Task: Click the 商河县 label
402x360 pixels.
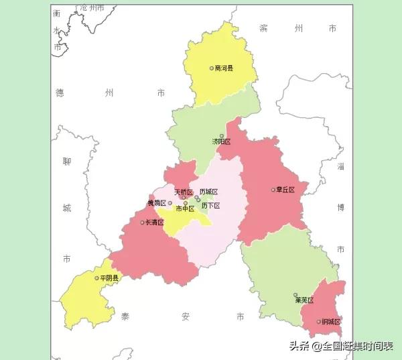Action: pos(224,68)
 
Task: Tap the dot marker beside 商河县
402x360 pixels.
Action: pos(212,68)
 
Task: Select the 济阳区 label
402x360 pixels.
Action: pos(221,142)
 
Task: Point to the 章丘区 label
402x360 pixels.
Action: pos(285,190)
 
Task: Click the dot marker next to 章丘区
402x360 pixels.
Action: pos(273,190)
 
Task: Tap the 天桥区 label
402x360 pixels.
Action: pos(184,192)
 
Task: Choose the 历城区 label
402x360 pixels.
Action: pos(209,192)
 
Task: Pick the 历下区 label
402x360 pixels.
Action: pos(210,206)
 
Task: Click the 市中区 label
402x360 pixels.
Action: pos(185,208)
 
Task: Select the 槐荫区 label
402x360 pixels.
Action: pos(157,203)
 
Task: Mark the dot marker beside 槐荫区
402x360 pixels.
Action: pos(170,202)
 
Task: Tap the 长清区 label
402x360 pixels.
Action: pos(155,222)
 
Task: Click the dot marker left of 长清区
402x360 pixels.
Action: pos(143,222)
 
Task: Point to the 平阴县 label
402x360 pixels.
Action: pos(109,278)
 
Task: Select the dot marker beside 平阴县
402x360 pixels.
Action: pos(97,278)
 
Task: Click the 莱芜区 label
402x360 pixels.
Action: pos(305,300)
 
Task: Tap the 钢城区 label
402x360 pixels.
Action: pos(331,322)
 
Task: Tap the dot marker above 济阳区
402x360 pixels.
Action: pos(222,135)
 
